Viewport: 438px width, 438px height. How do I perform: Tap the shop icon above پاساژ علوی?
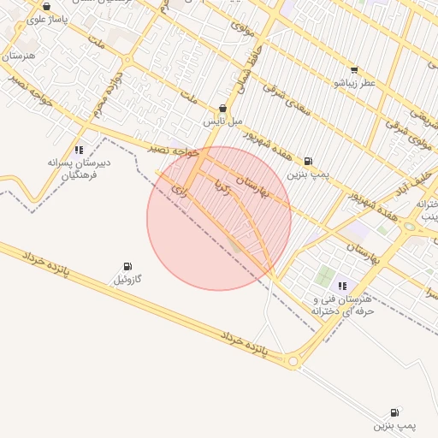pyautogui.click(x=46, y=6)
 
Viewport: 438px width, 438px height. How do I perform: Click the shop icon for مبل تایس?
pyautogui.click(x=223, y=109)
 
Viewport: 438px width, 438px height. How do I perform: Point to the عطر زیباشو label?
pyautogui.click(x=355, y=83)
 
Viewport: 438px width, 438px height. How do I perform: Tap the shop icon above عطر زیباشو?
pyautogui.click(x=355, y=70)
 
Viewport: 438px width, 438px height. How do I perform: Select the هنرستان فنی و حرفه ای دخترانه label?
pyautogui.click(x=343, y=305)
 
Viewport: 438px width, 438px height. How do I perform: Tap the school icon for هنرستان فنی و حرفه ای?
pyautogui.click(x=343, y=286)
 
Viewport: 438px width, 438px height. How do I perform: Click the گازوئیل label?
pyautogui.click(x=127, y=279)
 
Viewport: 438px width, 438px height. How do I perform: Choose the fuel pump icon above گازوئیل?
pyautogui.click(x=127, y=266)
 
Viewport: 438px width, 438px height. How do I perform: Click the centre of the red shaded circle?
pyautogui.click(x=219, y=218)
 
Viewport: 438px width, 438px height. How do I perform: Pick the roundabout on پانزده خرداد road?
pyautogui.click(x=294, y=363)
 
